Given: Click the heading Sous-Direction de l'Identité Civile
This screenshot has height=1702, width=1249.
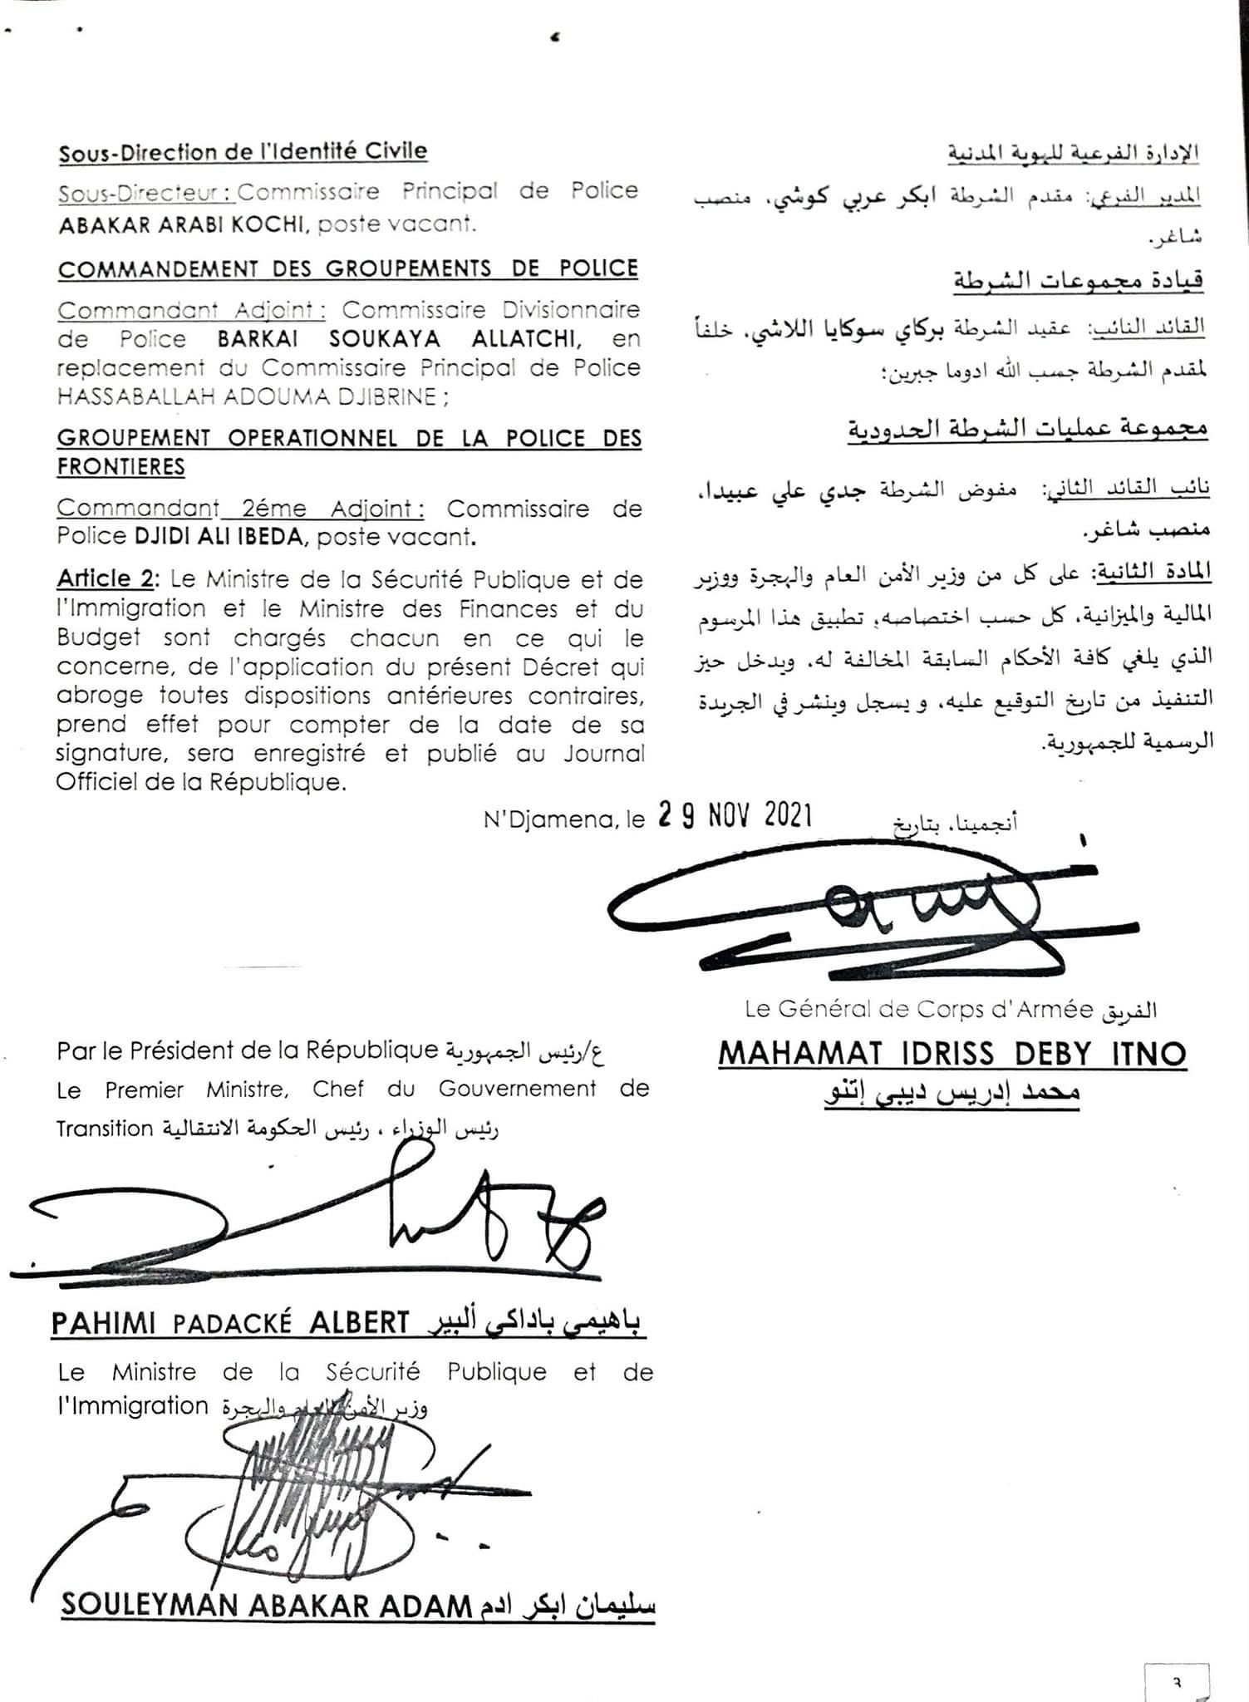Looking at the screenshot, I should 243,152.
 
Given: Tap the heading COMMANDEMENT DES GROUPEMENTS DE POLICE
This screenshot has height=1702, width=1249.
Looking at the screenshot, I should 347,269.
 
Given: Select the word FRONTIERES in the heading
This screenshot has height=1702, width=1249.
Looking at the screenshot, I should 120,467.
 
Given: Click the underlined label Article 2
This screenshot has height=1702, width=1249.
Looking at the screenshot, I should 106,578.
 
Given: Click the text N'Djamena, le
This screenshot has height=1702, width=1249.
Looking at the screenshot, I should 564,820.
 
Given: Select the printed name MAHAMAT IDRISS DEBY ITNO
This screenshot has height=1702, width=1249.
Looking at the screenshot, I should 952,1054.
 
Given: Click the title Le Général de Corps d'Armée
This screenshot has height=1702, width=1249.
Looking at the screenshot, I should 919,1009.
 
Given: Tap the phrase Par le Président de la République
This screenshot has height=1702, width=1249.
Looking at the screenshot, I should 247,1050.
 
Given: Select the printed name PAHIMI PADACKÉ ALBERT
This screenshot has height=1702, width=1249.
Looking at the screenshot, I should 230,1322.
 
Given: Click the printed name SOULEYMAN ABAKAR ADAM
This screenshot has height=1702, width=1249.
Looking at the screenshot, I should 267,1605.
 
